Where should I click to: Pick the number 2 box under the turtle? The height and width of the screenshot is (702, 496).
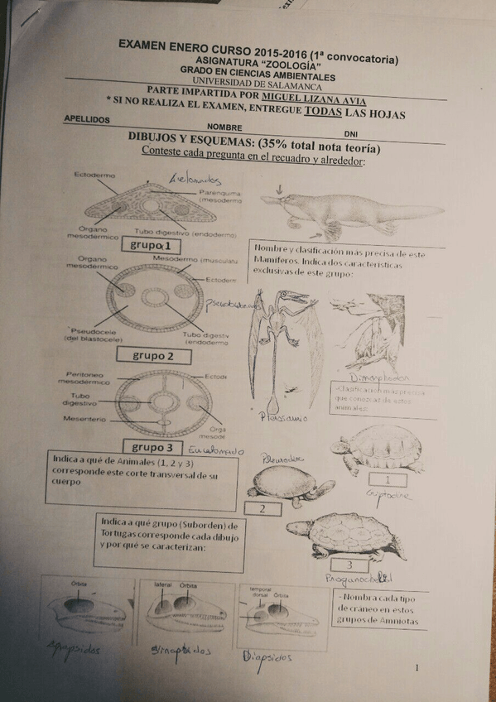click(262, 508)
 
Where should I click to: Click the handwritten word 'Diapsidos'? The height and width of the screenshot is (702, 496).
click(267, 657)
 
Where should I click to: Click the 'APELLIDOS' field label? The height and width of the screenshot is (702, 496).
click(87, 120)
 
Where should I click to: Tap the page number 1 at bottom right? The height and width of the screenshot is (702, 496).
click(418, 668)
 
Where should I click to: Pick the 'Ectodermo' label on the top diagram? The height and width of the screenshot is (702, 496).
click(95, 175)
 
